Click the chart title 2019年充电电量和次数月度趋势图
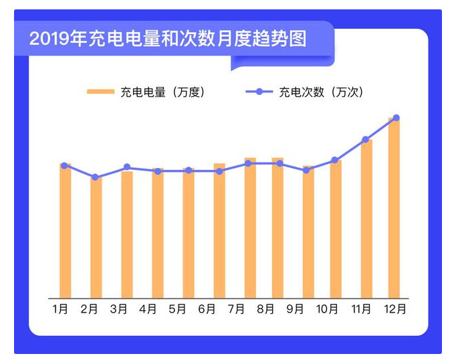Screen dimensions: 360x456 pos(167,38)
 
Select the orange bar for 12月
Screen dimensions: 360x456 pos(394,207)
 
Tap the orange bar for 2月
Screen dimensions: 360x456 pos(96,238)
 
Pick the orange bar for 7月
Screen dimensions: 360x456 pos(250,228)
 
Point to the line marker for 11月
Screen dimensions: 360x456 pos(366,140)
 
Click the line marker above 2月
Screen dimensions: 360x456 pos(96,177)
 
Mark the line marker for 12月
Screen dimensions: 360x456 pos(396,118)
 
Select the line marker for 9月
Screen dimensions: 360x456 pos(306,171)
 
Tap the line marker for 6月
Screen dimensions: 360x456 pos(220,171)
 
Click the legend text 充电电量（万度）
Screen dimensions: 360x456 pos(162,92)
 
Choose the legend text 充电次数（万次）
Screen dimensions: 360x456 pos(321,92)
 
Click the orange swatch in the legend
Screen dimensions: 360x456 pos(100,92)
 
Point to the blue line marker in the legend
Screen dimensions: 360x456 pos(259,92)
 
